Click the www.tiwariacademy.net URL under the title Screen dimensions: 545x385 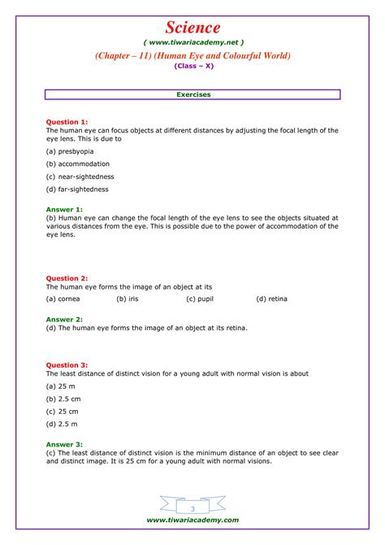[192, 41]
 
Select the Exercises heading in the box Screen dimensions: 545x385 [192, 94]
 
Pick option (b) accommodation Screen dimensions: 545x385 [77, 163]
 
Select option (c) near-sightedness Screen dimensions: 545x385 [80, 177]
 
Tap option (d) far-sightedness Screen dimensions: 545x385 [77, 190]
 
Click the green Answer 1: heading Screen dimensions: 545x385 [64, 209]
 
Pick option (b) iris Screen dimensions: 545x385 [127, 299]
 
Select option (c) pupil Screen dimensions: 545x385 [200, 299]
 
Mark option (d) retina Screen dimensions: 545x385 [271, 299]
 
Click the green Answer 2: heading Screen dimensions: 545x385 [64, 320]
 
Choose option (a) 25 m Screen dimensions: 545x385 [59, 386]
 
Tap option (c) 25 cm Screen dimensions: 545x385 [62, 412]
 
